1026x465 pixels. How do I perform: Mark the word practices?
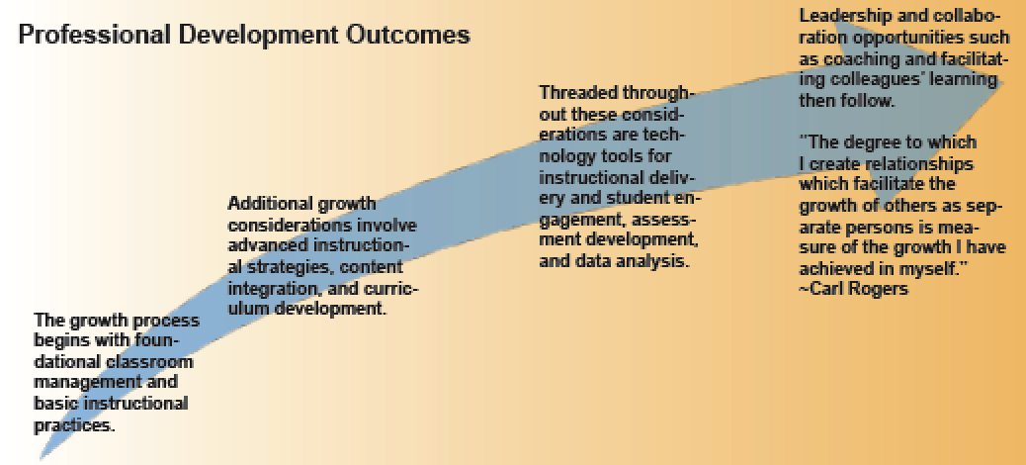74,425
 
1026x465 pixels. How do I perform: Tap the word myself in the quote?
940,268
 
